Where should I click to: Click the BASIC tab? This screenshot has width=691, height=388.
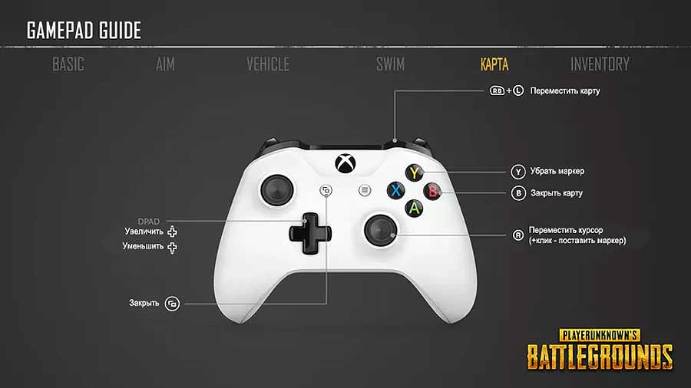[68, 64]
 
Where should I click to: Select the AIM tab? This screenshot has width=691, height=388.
[165, 64]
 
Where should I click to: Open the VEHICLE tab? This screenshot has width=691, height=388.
[268, 64]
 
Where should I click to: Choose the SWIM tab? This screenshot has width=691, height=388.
[391, 64]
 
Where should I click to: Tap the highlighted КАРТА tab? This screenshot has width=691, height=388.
[494, 64]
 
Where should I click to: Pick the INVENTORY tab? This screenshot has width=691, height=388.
[600, 64]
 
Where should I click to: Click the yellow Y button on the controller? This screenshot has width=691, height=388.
[415, 173]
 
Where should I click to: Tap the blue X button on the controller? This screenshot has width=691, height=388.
[395, 190]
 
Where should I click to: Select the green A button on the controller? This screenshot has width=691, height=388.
[415, 208]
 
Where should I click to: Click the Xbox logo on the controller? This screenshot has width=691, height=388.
[345, 163]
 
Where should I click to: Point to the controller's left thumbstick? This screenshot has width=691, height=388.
[277, 190]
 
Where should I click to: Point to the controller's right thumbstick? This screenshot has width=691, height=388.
[380, 229]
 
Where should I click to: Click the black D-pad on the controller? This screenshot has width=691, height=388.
[310, 233]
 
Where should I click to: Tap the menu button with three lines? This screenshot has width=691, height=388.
[365, 190]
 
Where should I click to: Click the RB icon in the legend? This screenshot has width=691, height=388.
[497, 90]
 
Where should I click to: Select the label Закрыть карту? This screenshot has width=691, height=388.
[557, 193]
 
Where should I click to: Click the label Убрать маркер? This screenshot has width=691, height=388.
[557, 171]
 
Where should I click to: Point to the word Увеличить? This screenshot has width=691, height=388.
[144, 232]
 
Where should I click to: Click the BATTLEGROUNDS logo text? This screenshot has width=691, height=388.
[600, 357]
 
